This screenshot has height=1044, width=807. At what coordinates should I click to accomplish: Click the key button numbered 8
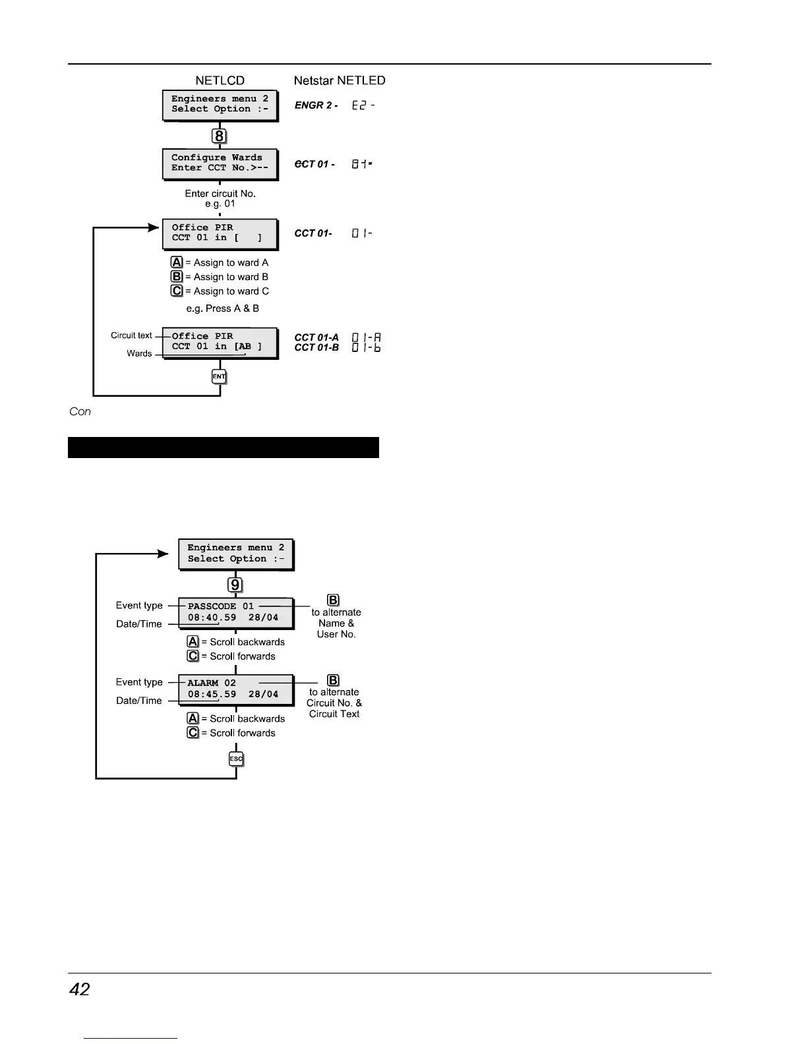(220, 136)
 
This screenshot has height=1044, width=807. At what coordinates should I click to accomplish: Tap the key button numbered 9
(235, 585)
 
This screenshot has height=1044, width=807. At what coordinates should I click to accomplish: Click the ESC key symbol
(236, 759)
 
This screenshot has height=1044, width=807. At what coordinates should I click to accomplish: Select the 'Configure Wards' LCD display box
(220, 163)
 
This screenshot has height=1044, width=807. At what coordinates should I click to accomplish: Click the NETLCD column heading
(220, 80)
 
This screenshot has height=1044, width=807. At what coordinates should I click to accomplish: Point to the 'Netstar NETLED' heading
(340, 80)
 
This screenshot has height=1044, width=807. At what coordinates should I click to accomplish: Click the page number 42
(80, 989)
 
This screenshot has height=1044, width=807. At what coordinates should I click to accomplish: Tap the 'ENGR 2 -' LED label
(316, 105)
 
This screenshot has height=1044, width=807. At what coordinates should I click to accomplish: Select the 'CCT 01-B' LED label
(316, 347)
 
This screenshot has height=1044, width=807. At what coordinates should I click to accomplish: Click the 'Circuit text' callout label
(131, 335)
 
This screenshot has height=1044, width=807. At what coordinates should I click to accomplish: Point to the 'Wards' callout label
(139, 353)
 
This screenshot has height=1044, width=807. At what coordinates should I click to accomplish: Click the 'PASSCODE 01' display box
(235, 612)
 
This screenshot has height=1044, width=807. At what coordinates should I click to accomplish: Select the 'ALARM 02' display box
(235, 689)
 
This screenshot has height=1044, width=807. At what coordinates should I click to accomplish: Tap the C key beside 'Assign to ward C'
(177, 291)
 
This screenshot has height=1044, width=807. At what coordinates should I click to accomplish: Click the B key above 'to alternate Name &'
(334, 600)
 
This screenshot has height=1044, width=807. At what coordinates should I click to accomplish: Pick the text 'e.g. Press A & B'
(223, 308)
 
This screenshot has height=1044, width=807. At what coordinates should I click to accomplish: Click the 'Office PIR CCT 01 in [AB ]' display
(220, 342)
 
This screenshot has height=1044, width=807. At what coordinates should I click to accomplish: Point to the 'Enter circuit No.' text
(220, 194)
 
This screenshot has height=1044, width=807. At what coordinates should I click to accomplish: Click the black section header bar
(224, 447)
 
